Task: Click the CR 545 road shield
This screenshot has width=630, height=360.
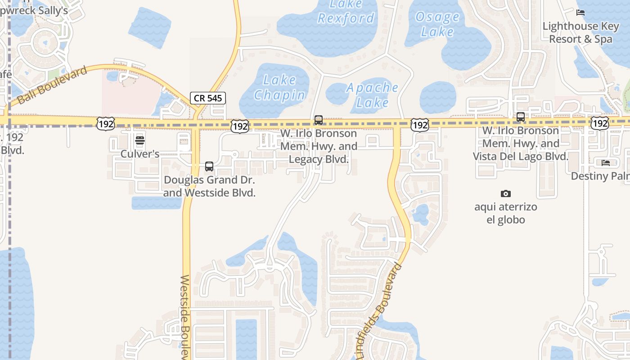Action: coord(207,98)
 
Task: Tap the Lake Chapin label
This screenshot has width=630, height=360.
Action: coord(279,87)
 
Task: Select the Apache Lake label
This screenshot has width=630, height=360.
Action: coord(372,95)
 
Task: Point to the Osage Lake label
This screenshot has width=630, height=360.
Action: coord(437,24)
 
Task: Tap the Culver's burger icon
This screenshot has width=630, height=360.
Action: coord(140,140)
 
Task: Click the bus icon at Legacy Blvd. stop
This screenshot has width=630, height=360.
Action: coord(319,120)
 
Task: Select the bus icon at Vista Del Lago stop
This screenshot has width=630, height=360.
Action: coord(521,117)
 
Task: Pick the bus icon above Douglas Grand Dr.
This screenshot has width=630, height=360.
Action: coord(209,166)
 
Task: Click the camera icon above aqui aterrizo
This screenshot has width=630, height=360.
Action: coord(506,193)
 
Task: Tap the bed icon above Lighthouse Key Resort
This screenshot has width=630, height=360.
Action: coord(580,13)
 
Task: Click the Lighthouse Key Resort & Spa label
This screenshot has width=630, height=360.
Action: coord(580,32)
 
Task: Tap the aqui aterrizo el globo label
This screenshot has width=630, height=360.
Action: coord(506,213)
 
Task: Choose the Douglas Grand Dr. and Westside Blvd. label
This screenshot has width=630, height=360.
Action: coord(209,186)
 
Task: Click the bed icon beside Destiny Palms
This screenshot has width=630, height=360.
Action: coord(606,162)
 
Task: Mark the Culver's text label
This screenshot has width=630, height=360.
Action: coord(140,154)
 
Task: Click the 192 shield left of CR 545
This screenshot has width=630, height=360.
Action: coord(105,124)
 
